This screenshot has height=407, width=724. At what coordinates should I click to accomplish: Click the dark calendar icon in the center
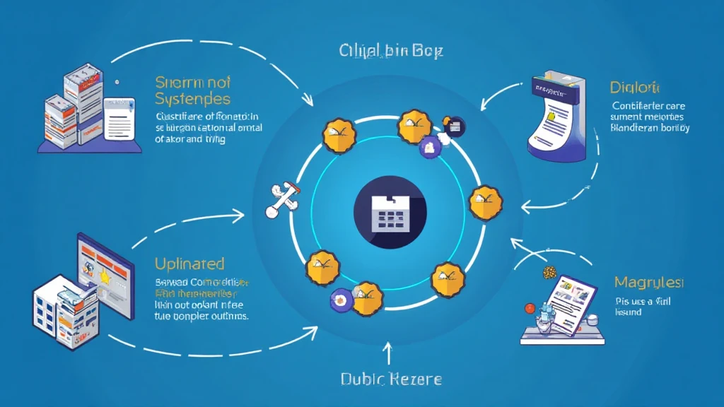390,212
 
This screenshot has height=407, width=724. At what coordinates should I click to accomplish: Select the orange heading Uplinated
189,264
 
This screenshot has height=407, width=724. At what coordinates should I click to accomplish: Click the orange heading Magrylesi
649,283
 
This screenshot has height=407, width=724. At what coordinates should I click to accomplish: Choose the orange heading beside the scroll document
634,89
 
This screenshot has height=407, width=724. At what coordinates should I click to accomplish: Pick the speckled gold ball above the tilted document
548,272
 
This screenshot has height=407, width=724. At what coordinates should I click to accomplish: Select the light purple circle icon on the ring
427,148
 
